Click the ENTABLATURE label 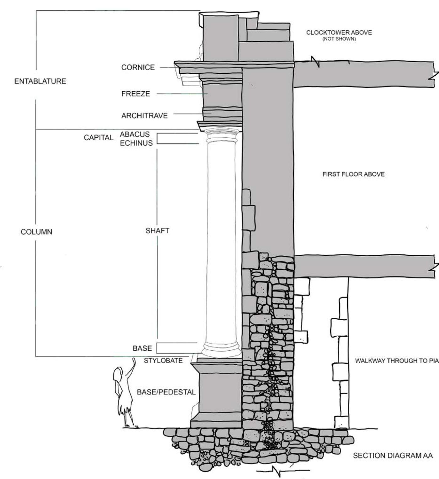tap(40, 81)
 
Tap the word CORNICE tap(138, 67)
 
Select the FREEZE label tap(136, 94)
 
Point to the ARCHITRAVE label tap(145, 116)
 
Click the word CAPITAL tap(98, 138)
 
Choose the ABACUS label tap(135, 134)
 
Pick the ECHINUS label tap(136, 143)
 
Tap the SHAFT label tap(157, 231)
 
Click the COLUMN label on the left tap(36, 232)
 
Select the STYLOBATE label tap(163, 361)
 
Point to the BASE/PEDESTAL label tap(166, 392)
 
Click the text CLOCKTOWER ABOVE tap(339, 33)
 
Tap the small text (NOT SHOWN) tap(339, 39)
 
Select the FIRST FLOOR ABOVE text tap(353, 174)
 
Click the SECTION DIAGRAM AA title tap(393, 455)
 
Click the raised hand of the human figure tap(134, 361)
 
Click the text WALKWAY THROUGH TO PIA tap(397, 361)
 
